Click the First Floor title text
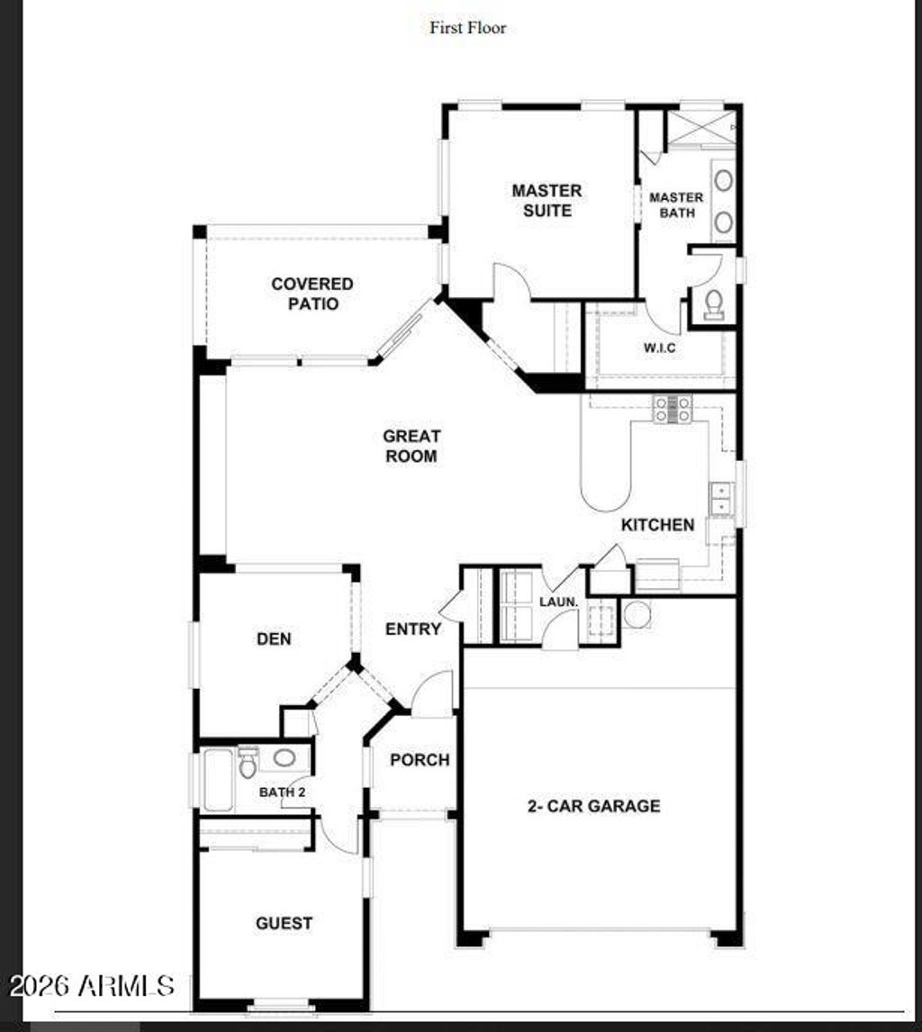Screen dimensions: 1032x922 coord(467,28)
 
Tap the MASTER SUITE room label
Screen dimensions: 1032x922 coord(547,201)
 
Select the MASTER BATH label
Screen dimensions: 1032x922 coord(676,205)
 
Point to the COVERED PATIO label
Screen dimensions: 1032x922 coord(312,294)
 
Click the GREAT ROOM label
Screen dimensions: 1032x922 coord(411,447)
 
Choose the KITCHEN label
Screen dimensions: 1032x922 coord(657,525)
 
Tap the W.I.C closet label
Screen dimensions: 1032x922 coord(659,348)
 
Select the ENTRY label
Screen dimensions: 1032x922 coord(413,629)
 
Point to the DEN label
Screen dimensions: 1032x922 coord(274,639)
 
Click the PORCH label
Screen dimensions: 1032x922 coord(420,760)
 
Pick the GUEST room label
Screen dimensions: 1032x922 coord(284,923)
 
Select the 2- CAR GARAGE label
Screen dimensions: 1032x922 coord(593,806)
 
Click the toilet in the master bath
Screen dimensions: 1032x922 coord(714,303)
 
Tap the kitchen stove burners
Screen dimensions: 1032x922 coord(673,409)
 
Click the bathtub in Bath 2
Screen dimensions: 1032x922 coord(218,780)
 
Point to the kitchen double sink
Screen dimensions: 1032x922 coord(720,498)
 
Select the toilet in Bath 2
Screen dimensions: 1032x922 coord(248,765)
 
